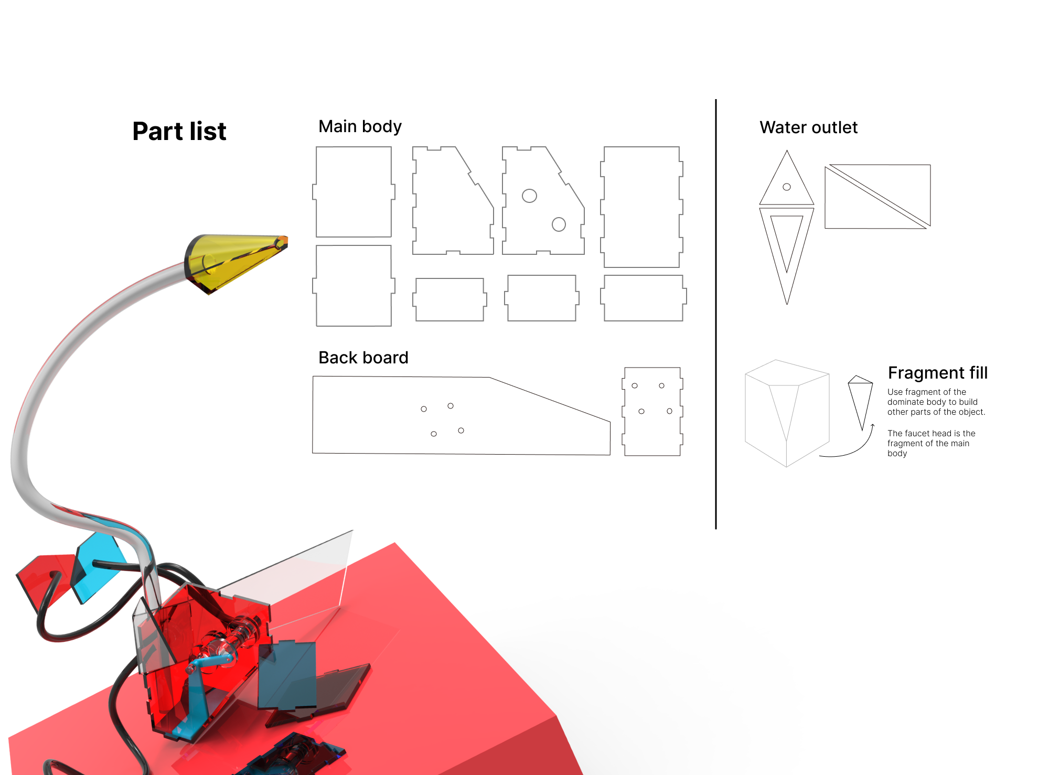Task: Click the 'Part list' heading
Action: (179, 131)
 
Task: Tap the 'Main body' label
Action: (360, 126)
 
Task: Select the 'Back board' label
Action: (363, 358)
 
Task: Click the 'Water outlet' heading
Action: (809, 127)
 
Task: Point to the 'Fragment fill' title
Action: (938, 373)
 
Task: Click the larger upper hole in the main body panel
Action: (530, 196)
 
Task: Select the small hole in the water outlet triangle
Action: (787, 187)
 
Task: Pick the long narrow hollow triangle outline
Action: (787, 255)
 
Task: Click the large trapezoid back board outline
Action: (461, 415)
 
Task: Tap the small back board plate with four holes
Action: (652, 412)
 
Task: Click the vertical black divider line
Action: (716, 314)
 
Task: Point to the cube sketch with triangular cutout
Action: (787, 413)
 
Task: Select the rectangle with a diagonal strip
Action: (877, 197)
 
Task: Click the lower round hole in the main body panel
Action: (559, 224)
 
